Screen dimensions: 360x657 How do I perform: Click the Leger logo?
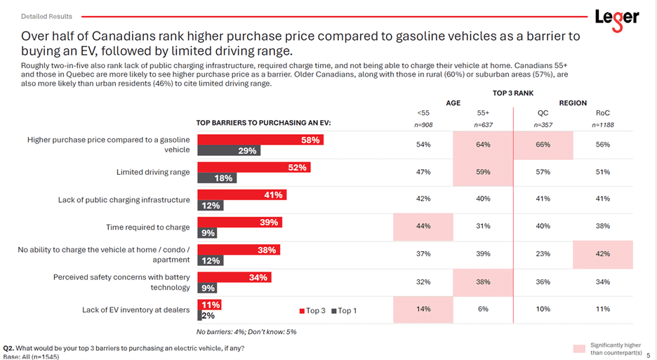point(616,19)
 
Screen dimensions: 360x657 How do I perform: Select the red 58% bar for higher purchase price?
point(260,140)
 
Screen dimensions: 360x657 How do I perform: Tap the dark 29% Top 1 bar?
point(229,150)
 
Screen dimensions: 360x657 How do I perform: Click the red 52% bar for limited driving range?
point(253,167)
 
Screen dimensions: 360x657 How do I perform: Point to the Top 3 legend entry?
point(312,310)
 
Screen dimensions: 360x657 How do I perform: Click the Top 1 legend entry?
point(344,310)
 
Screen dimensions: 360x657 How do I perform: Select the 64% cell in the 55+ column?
point(483,145)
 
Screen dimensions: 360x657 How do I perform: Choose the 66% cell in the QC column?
point(543,145)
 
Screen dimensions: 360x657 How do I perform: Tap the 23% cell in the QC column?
point(543,254)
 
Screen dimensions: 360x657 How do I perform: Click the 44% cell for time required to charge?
point(423,226)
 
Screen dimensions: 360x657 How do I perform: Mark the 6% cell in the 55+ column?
point(483,309)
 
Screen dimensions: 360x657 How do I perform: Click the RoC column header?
point(603,113)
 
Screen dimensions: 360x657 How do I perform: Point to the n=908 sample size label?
point(423,125)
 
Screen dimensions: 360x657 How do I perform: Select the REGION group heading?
point(573,102)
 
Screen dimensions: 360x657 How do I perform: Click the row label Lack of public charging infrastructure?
point(124,200)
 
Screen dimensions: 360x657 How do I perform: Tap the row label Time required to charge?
point(147,227)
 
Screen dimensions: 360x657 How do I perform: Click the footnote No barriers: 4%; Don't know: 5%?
point(246,332)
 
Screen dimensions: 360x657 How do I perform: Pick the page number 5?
point(648,354)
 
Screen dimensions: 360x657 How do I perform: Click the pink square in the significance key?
point(579,349)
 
